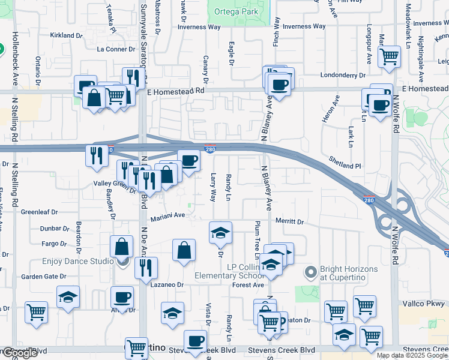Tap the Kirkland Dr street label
(x=65, y=35)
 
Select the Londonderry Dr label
(x=343, y=76)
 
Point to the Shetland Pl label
(x=345, y=162)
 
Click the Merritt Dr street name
(x=290, y=221)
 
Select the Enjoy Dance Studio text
(x=78, y=262)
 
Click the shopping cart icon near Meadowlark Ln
(x=390, y=57)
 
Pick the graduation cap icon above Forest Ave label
(x=271, y=264)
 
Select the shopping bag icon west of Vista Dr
(x=184, y=250)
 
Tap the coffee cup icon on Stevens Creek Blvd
(x=195, y=341)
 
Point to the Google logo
(x=19, y=353)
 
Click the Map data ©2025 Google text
(x=412, y=355)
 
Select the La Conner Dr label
(x=116, y=49)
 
